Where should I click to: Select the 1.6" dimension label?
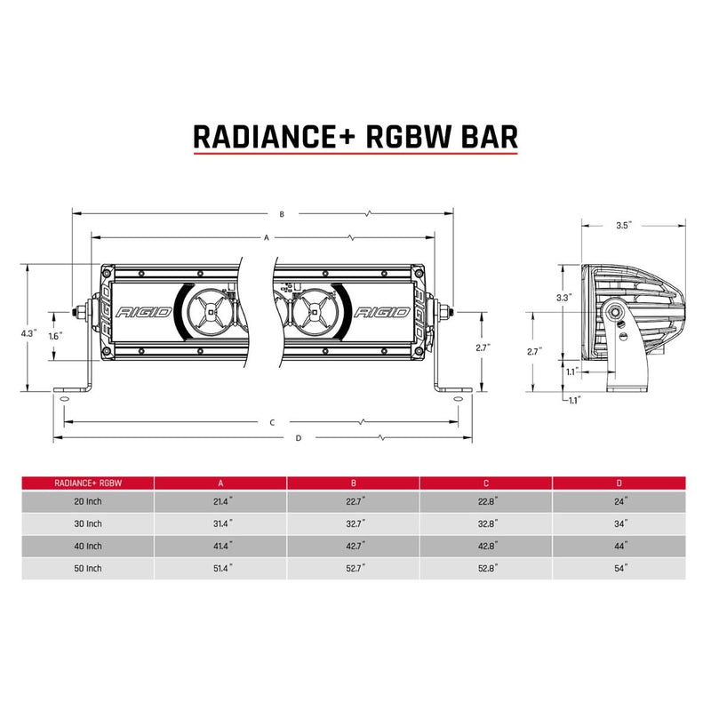pyautogui.click(x=54, y=337)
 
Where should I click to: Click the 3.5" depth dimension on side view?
pyautogui.click(x=622, y=226)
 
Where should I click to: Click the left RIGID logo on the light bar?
pyautogui.click(x=140, y=313)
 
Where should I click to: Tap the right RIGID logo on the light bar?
pyautogui.click(x=382, y=313)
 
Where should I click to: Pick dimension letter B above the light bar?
pyautogui.click(x=281, y=214)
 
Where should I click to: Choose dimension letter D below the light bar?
pyautogui.click(x=299, y=438)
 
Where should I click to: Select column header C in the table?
pyautogui.click(x=486, y=483)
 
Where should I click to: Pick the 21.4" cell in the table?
pyautogui.click(x=220, y=502)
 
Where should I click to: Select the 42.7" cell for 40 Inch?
pyautogui.click(x=354, y=546)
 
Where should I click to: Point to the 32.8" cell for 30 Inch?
pyautogui.click(x=486, y=524)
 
